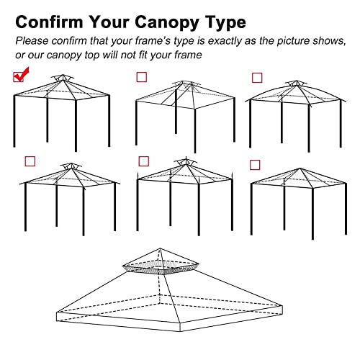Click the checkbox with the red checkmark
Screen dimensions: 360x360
point(19,76)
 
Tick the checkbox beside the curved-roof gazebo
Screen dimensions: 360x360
point(256,78)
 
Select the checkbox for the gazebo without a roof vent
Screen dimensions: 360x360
point(255,165)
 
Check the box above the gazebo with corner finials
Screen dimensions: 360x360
point(143,161)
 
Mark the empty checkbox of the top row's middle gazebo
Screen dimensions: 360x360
point(141,77)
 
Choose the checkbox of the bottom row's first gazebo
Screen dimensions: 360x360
point(30,161)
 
